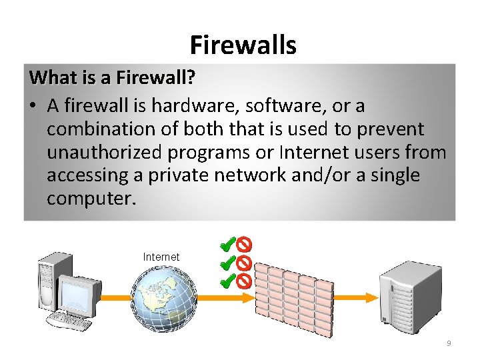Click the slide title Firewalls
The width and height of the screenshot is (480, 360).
[243, 45]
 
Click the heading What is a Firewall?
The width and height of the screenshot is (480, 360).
[112, 78]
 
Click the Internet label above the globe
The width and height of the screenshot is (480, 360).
[161, 257]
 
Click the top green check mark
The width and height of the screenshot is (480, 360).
[228, 245]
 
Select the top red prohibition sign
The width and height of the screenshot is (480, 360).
[244, 245]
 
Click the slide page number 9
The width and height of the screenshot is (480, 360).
[449, 343]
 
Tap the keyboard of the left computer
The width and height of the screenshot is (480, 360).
[70, 323]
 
